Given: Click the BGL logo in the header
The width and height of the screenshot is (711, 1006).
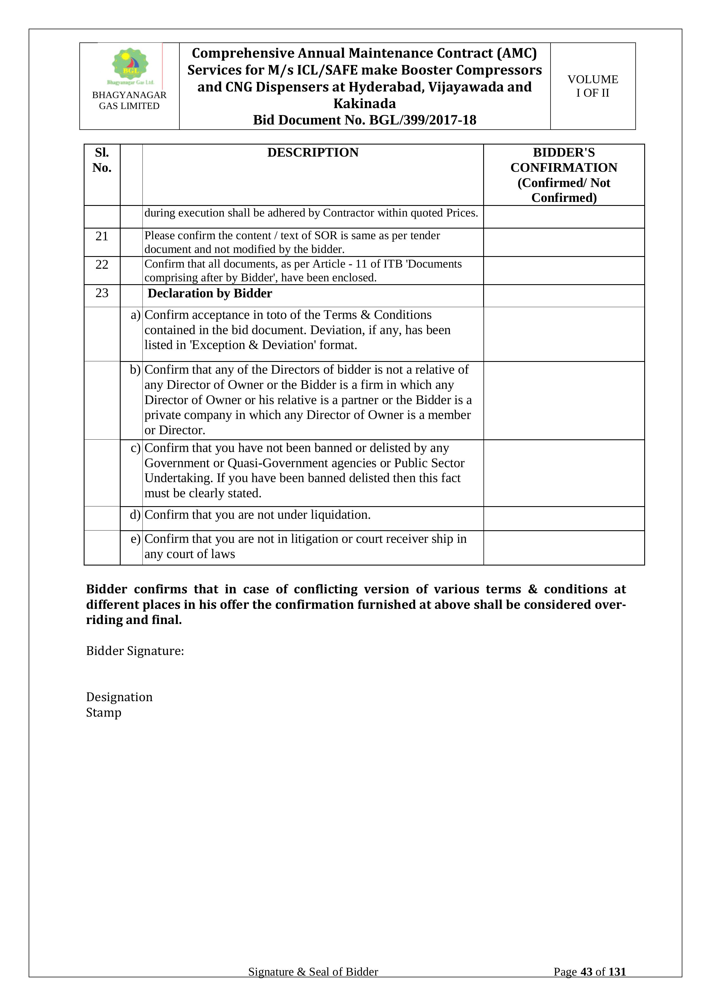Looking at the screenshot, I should [x=130, y=66].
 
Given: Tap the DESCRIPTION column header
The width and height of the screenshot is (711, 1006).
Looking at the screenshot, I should [x=313, y=153].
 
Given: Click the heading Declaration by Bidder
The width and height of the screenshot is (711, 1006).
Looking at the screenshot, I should [x=210, y=294].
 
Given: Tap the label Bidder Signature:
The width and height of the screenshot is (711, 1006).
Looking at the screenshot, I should [x=135, y=651].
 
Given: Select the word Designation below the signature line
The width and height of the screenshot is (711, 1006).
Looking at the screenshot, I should [x=119, y=697].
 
